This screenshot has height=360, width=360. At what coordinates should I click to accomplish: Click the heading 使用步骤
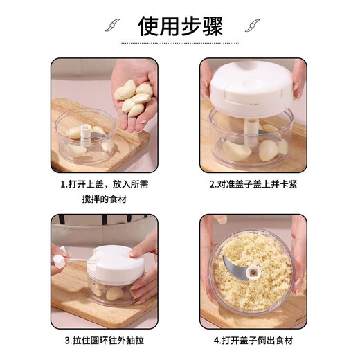pos(179,27)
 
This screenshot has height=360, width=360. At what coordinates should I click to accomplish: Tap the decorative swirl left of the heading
pos(110,27)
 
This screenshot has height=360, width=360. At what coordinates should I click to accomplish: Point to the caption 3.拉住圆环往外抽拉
pos(104,341)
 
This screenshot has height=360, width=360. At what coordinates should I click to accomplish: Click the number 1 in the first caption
pos(62,185)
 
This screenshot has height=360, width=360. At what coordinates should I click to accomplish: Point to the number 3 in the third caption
pos(62,341)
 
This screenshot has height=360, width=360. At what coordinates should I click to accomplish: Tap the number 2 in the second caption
pos(212,185)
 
